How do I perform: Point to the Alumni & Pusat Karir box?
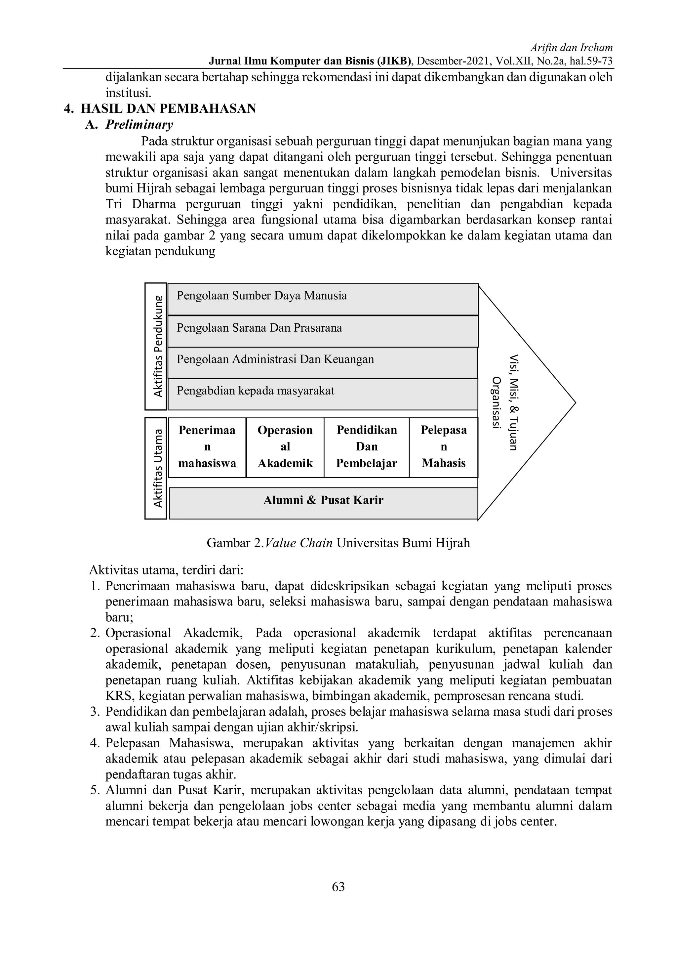323,503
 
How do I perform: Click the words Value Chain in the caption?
298,543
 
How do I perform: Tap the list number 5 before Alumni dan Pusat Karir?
94,790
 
